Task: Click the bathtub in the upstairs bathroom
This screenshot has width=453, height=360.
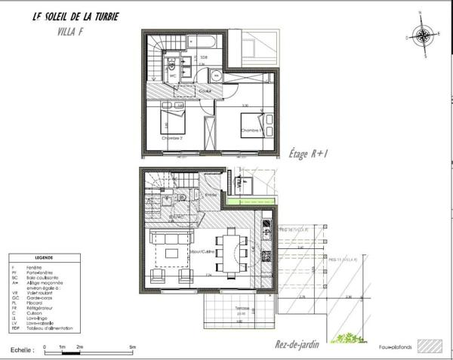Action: tap(204, 38)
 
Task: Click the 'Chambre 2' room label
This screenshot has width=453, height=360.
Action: tap(173, 138)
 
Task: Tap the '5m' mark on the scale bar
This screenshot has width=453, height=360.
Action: tap(133, 346)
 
